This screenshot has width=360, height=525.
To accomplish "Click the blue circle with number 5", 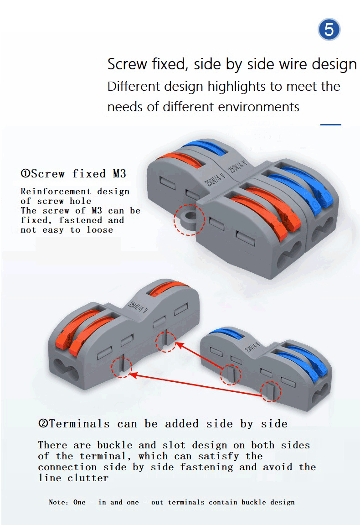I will click(329, 30).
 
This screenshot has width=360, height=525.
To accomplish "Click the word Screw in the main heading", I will click(126, 64).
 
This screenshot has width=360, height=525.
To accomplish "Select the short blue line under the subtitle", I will click(330, 125).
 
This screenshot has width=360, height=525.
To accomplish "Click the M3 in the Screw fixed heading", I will click(116, 174).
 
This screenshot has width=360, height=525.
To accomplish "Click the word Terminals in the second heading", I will click(79, 424).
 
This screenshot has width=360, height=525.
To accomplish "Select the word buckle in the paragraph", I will click(114, 445).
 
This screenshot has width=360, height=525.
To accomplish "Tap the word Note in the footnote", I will click(58, 502).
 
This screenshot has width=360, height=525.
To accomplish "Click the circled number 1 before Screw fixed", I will click(26, 174).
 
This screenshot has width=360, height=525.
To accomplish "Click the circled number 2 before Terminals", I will click(44, 424).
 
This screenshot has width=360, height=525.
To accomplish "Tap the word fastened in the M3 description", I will click(80, 220).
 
